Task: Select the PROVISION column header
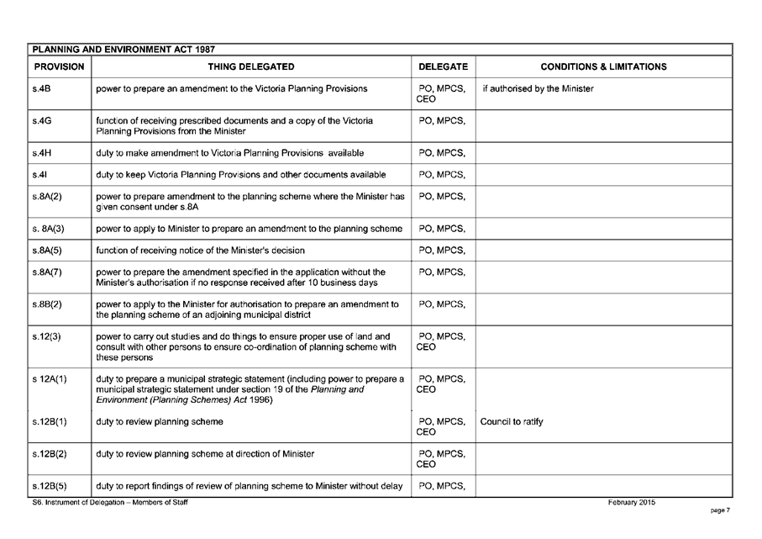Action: (59, 66)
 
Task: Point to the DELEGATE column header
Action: (444, 66)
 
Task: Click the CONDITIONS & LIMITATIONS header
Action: (603, 66)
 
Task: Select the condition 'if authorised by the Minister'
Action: (537, 88)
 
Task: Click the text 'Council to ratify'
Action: (512, 421)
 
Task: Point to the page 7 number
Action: (720, 510)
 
